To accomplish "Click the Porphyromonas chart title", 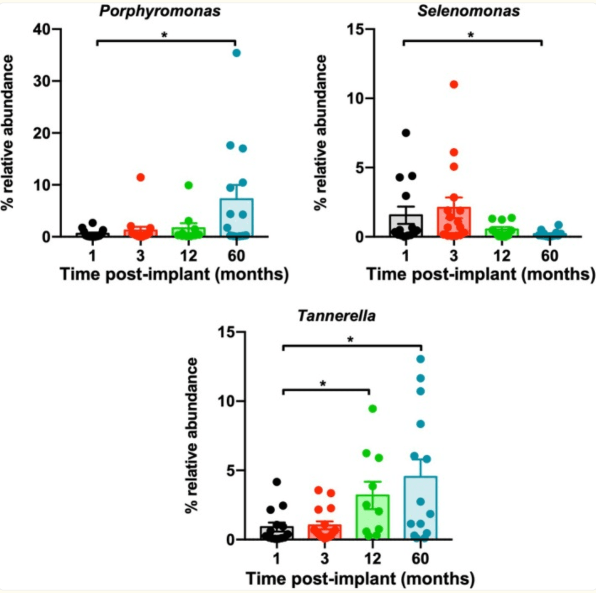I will pyautogui.click(x=160, y=11).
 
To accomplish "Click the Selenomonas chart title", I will pyautogui.click(x=468, y=11).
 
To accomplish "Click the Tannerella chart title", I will pyautogui.click(x=336, y=316).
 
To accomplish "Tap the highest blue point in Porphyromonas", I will pyautogui.click(x=237, y=53).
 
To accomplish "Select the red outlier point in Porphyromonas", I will pyautogui.click(x=141, y=177).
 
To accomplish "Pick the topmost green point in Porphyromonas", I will pyautogui.click(x=189, y=185).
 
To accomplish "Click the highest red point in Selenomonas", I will pyautogui.click(x=454, y=85).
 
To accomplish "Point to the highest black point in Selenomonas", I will pyautogui.click(x=406, y=133).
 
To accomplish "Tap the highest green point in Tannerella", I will pyautogui.click(x=372, y=408).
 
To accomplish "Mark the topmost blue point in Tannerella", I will pyautogui.click(x=420, y=359).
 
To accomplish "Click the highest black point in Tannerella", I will pyautogui.click(x=277, y=482).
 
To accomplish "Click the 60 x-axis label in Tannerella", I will pyautogui.click(x=420, y=559).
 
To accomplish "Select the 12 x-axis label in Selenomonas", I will pyautogui.click(x=502, y=256).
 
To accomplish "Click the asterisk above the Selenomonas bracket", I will pyautogui.click(x=471, y=35).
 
